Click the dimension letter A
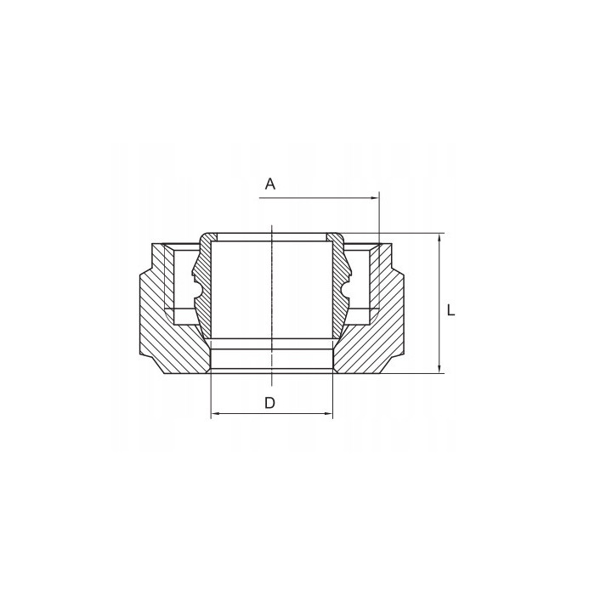click(x=270, y=184)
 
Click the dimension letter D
click(x=269, y=403)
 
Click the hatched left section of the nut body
click(x=170, y=340)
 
